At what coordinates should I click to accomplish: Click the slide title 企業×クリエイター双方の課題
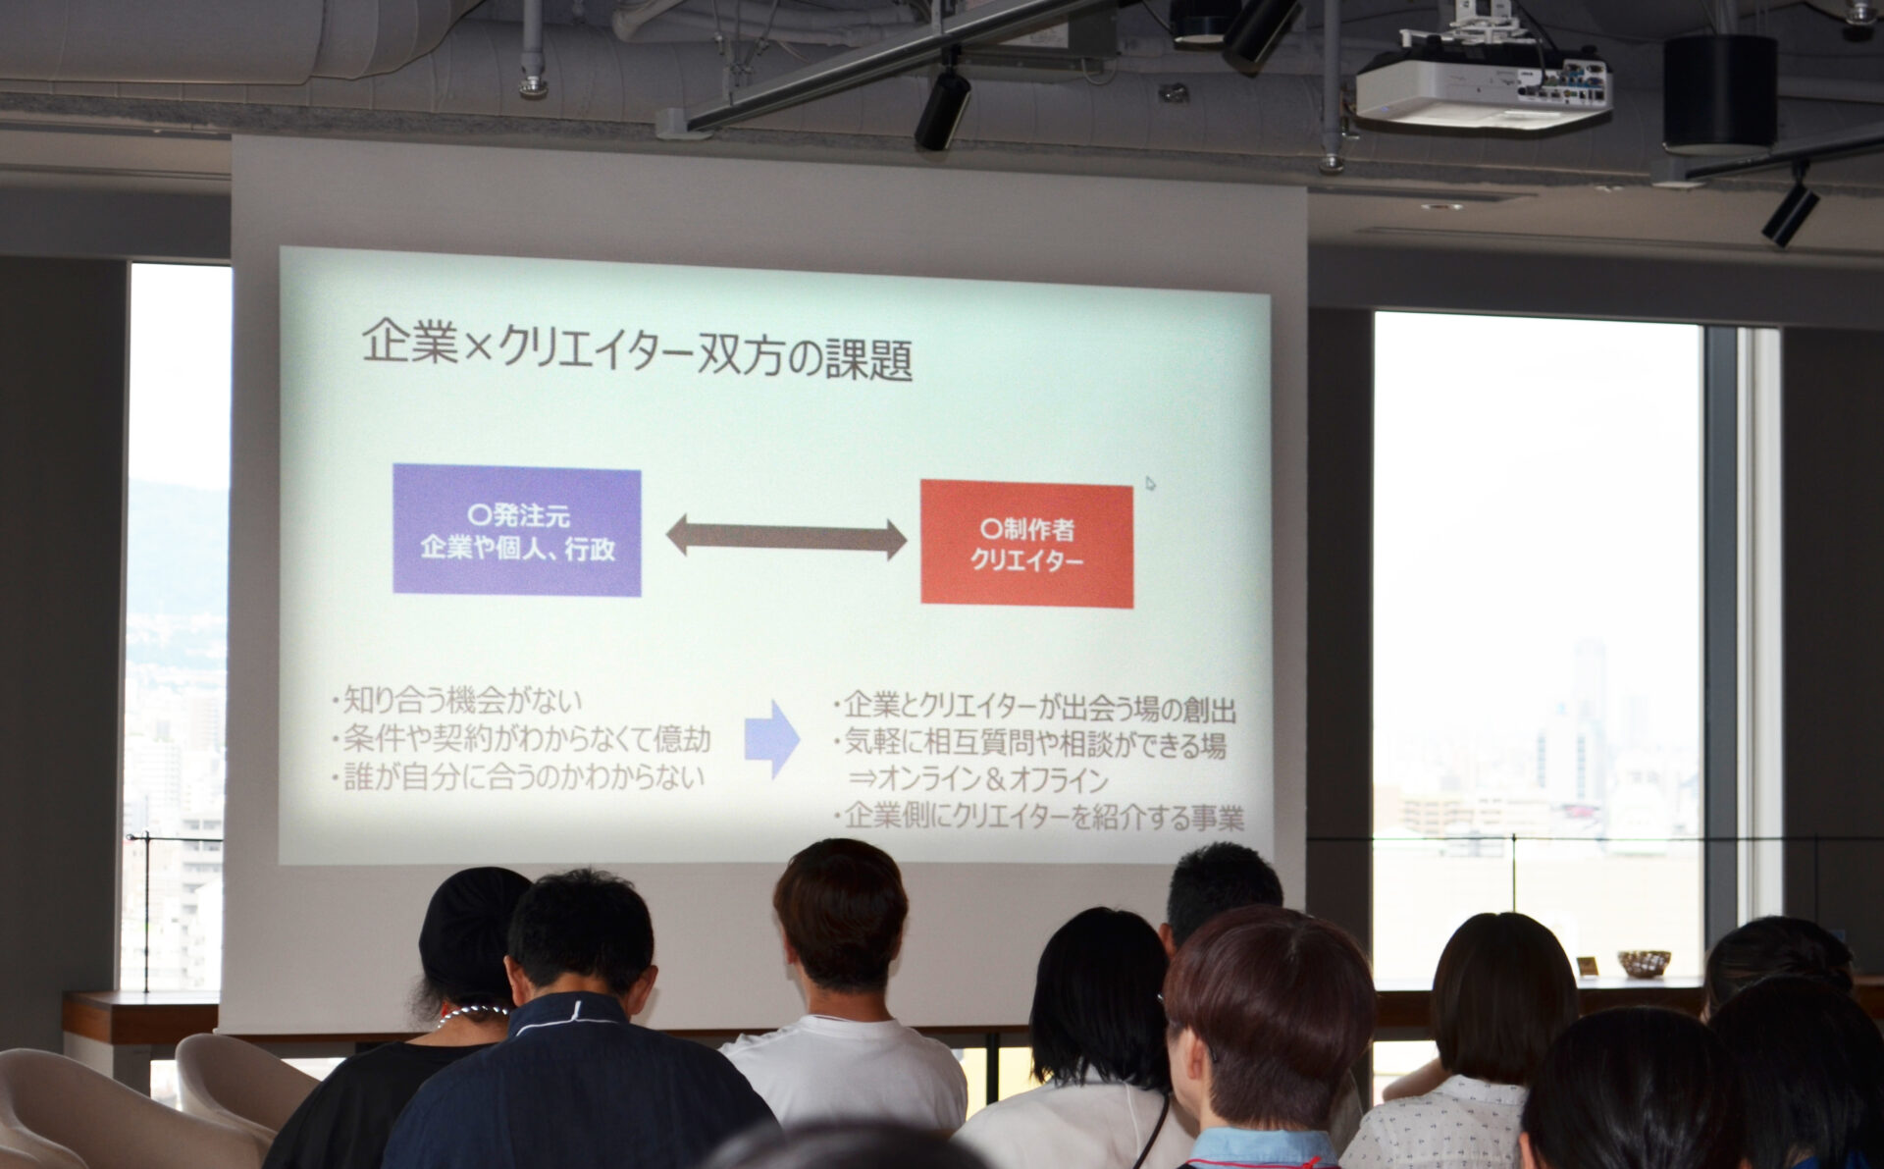[x=637, y=349]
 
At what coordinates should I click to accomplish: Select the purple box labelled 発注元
[x=517, y=530]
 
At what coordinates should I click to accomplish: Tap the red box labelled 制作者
[x=1026, y=544]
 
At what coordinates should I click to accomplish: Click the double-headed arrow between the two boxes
[x=786, y=538]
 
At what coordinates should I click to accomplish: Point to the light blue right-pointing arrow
[x=772, y=739]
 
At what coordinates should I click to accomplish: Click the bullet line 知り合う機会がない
[x=457, y=701]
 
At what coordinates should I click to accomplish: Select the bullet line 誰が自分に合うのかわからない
[x=519, y=777]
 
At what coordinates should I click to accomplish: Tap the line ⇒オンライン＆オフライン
[x=978, y=779]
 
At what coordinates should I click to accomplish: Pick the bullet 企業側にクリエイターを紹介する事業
[x=1038, y=817]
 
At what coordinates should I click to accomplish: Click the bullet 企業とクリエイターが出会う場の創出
[x=1034, y=707]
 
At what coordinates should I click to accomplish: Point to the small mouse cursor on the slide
[x=1150, y=483]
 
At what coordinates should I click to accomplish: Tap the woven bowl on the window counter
[x=1644, y=963]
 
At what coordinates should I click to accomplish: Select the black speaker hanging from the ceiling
[x=1719, y=94]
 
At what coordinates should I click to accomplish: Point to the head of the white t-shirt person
[x=841, y=917]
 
